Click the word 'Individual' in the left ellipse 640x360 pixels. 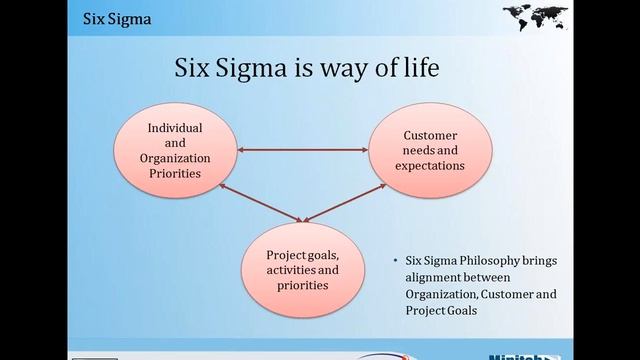coord(175,129)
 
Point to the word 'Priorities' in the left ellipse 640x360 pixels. coord(175,173)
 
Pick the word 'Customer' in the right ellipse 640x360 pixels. coord(431,136)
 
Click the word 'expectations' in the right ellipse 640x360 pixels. coord(431,165)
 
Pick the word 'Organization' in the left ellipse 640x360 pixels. coord(175,158)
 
